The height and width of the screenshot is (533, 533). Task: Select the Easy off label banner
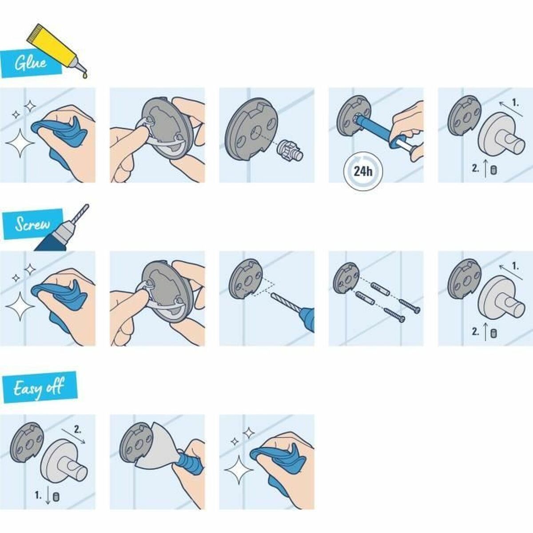39,388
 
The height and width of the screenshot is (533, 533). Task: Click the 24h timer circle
363,171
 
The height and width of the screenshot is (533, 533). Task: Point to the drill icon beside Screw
62,231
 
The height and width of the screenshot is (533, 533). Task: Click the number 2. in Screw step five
476,331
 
